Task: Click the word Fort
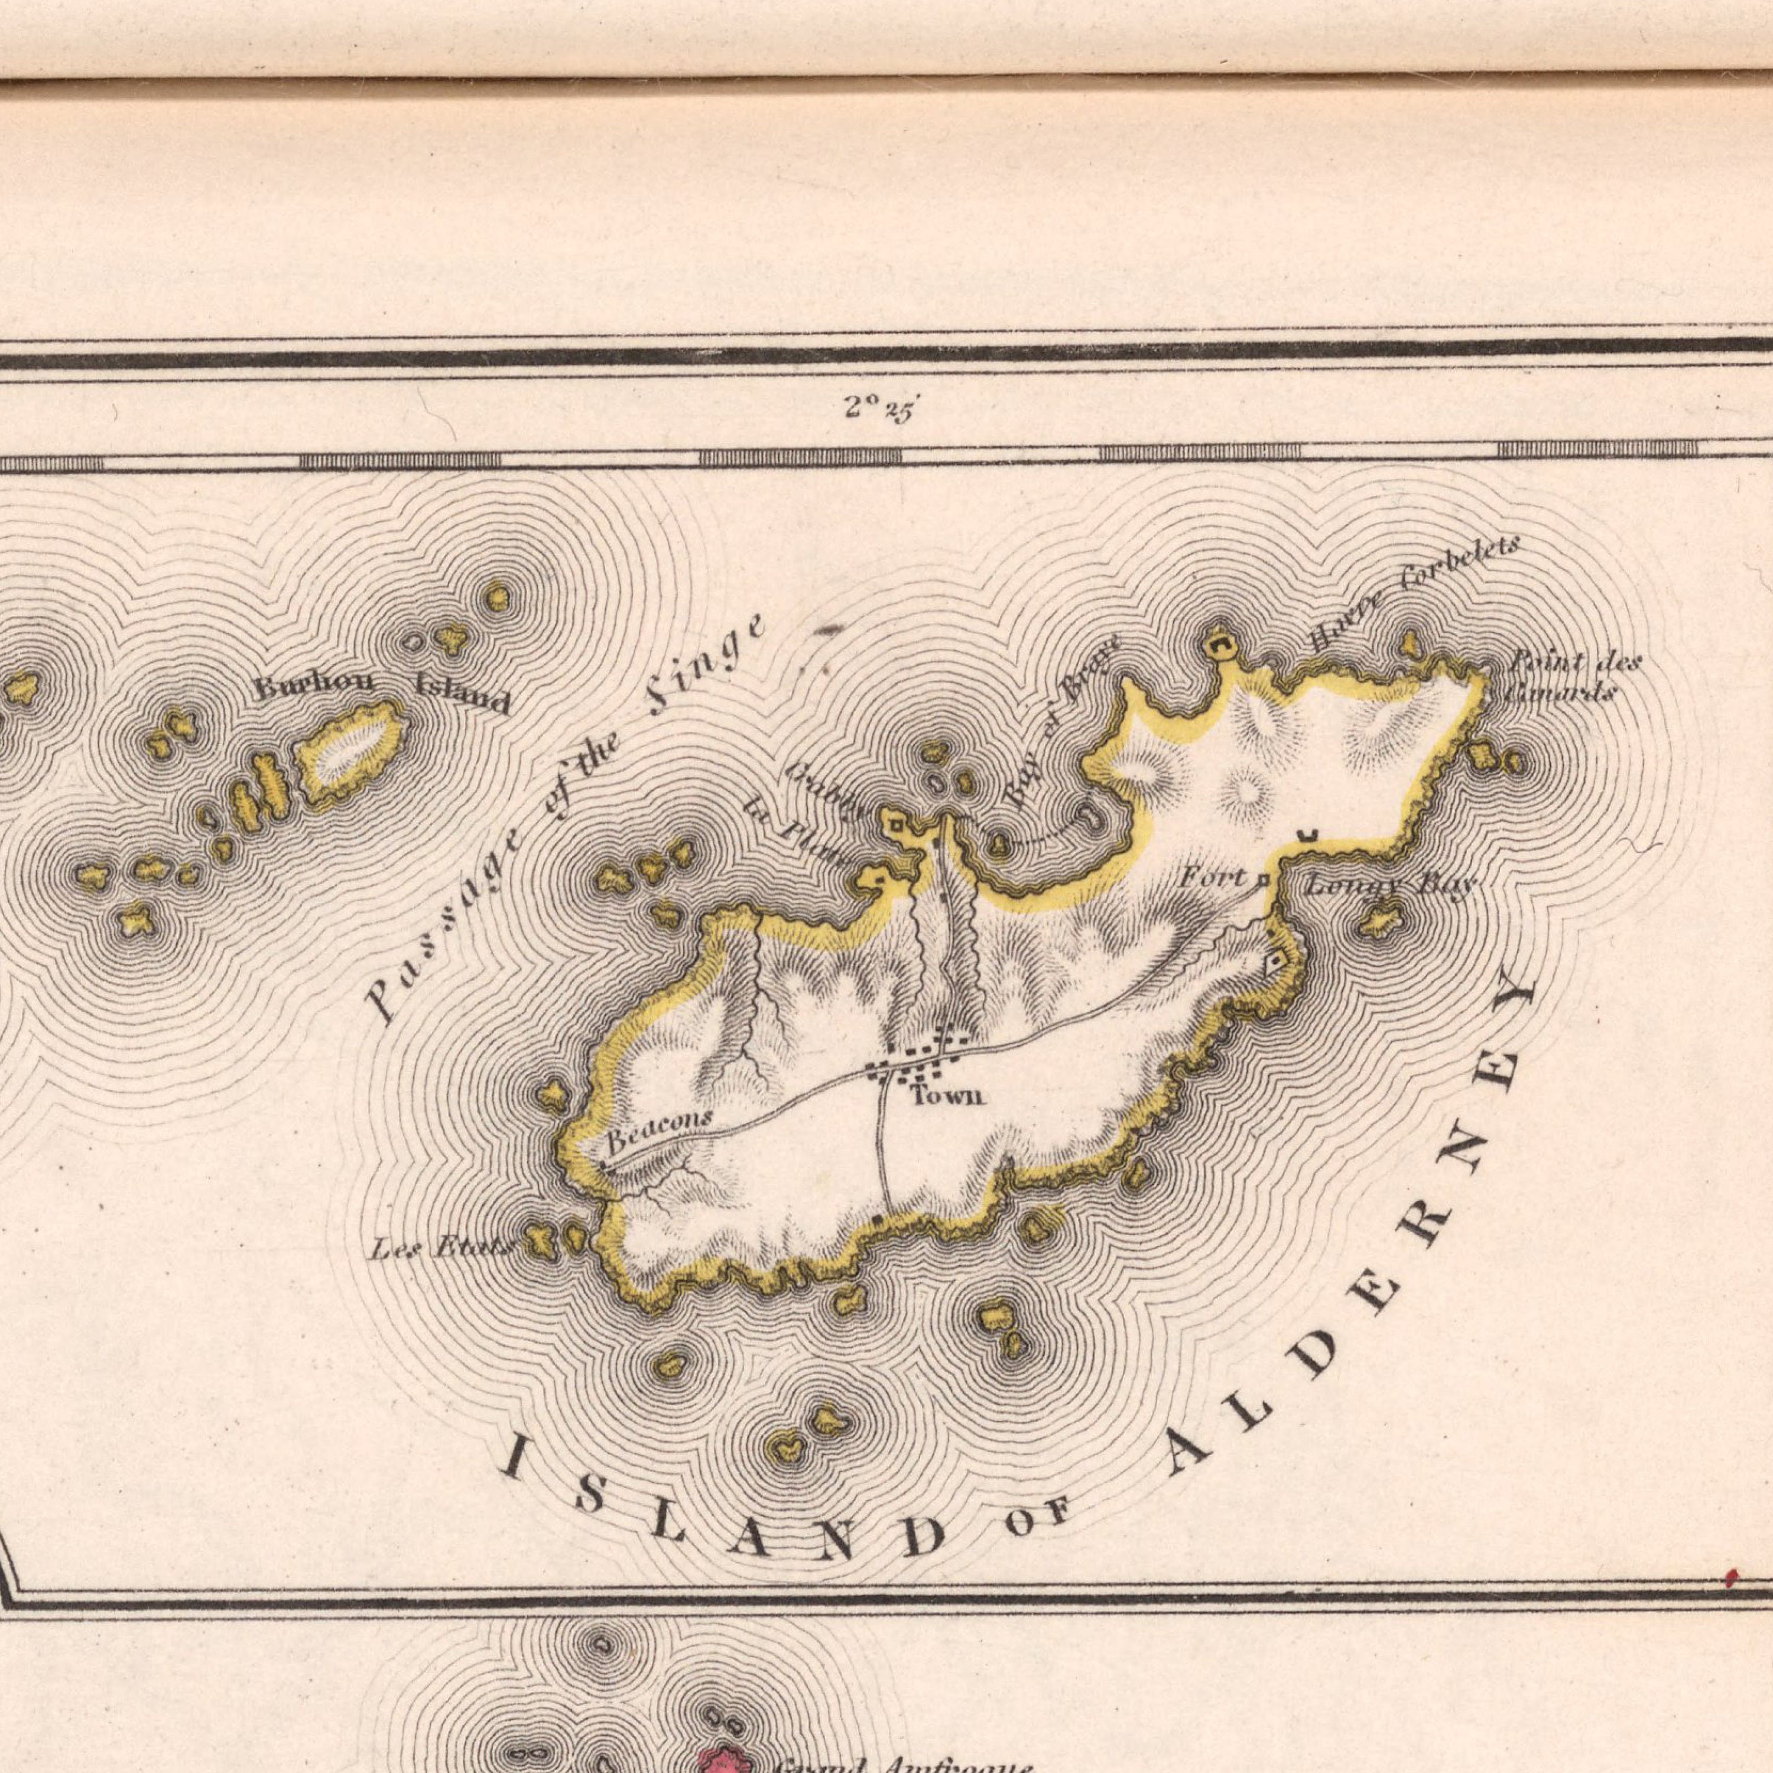[x=1212, y=878]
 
